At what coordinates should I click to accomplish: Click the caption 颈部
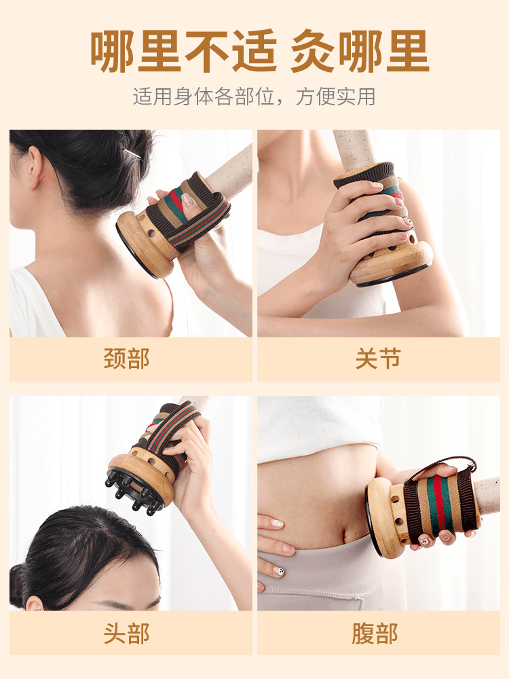pyautogui.click(x=127, y=359)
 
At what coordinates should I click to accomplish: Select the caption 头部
pyautogui.click(x=127, y=633)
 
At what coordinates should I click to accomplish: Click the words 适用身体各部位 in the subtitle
pyautogui.click(x=204, y=96)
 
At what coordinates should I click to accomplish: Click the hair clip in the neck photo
pyautogui.click(x=133, y=155)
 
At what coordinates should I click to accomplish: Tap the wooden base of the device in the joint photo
pyautogui.click(x=392, y=261)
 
